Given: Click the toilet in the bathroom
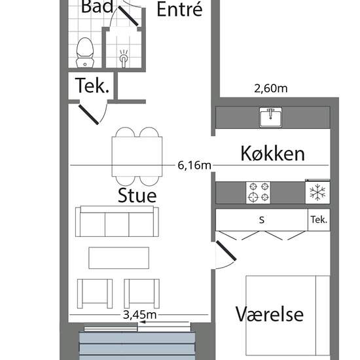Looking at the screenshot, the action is pyautogui.click(x=85, y=53).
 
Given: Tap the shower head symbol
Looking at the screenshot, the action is pyautogui.click(x=124, y=58).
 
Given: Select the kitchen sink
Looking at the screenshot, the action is pyautogui.click(x=270, y=117).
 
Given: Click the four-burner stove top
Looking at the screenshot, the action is pyautogui.click(x=258, y=192).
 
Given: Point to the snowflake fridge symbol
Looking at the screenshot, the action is pyautogui.click(x=317, y=192).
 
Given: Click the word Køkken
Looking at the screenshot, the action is pyautogui.click(x=272, y=154).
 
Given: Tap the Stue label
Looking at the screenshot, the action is pyautogui.click(x=137, y=196).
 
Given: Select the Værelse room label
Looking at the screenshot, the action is pyautogui.click(x=270, y=314).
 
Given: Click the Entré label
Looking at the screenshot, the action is pyautogui.click(x=179, y=9).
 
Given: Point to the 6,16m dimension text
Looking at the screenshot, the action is pyautogui.click(x=194, y=166).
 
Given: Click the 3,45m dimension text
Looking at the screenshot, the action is pyautogui.click(x=139, y=315).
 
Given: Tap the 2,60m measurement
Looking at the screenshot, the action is pyautogui.click(x=271, y=88).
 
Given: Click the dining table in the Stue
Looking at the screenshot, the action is pyautogui.click(x=137, y=157).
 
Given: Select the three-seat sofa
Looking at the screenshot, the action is pyautogui.click(x=117, y=221).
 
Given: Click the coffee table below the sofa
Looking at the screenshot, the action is pyautogui.click(x=118, y=258).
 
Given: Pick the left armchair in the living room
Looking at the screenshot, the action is pyautogui.click(x=95, y=294).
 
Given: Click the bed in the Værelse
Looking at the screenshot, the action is pyautogui.click(x=288, y=317).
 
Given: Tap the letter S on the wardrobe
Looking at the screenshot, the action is pyautogui.click(x=262, y=220).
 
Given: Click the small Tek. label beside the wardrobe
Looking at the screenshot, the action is pyautogui.click(x=319, y=220).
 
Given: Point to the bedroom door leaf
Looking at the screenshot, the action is pyautogui.click(x=226, y=251).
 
